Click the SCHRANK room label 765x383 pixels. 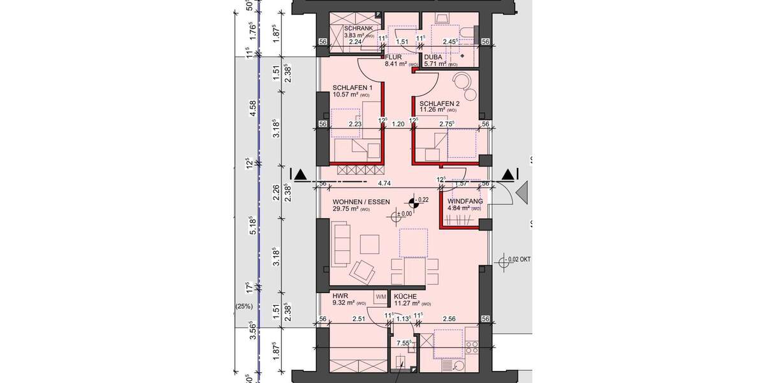coord(358,29)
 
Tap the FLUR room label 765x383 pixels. coord(394,56)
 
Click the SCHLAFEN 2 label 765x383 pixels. coord(439,103)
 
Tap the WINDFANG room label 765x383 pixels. coord(465,200)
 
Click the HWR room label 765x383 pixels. coord(339,297)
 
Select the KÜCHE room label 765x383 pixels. coord(405,297)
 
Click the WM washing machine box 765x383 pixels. coord(381,297)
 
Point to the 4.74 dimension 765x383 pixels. coord(384,183)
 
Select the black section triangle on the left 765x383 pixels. coord(300,174)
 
